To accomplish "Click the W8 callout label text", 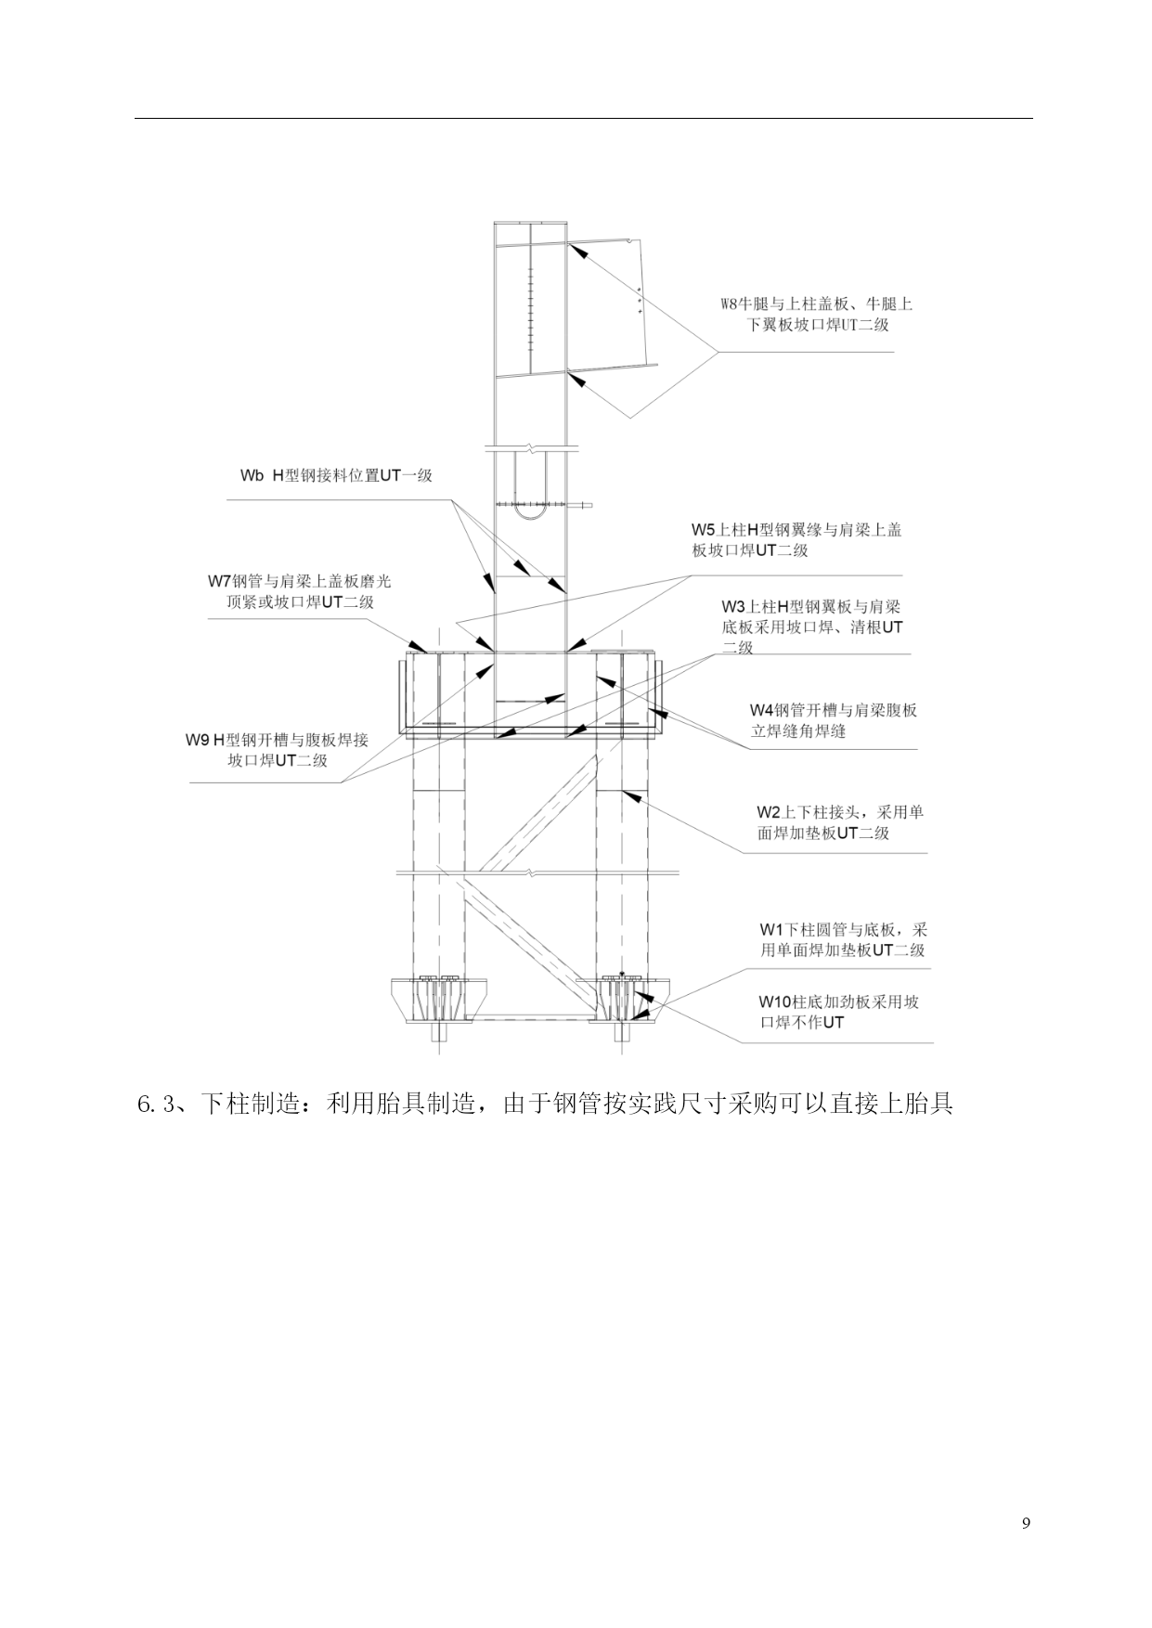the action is point(817,314).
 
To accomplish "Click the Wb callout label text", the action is point(336,475).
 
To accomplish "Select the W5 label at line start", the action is point(703,530).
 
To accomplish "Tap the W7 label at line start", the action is point(219,581).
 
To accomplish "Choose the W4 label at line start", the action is point(762,710).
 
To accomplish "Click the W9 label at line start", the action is point(198,740).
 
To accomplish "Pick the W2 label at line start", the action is point(770,812).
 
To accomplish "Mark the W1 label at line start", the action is point(771,929).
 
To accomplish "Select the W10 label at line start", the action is point(774,1001).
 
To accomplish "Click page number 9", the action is point(1026,1523).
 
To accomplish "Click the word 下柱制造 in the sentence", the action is point(251,1105).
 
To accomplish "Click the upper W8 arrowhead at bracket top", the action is point(577,249).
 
